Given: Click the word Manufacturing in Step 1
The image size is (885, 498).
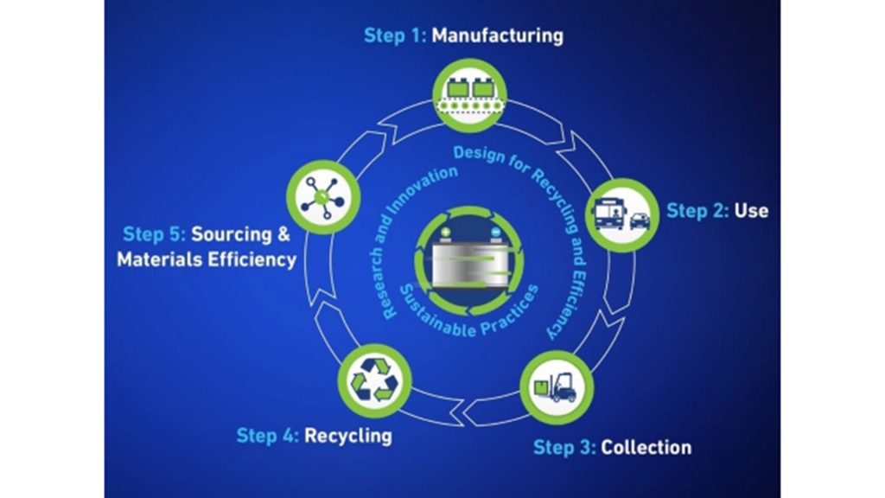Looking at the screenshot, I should tap(497, 35).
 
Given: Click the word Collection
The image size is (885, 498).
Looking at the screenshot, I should tap(646, 447).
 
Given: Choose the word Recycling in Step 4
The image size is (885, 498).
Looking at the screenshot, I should tap(347, 434).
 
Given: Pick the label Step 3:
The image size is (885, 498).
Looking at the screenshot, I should tap(564, 447).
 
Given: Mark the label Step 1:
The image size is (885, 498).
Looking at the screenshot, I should tap(395, 35).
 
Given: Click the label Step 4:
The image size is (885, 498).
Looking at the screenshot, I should tap(267, 434).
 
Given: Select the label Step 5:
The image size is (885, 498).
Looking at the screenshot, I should tap(154, 234).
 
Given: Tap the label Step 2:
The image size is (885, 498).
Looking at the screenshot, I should tap(697, 210).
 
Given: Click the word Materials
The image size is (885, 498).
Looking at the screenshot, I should tap(160, 259).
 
